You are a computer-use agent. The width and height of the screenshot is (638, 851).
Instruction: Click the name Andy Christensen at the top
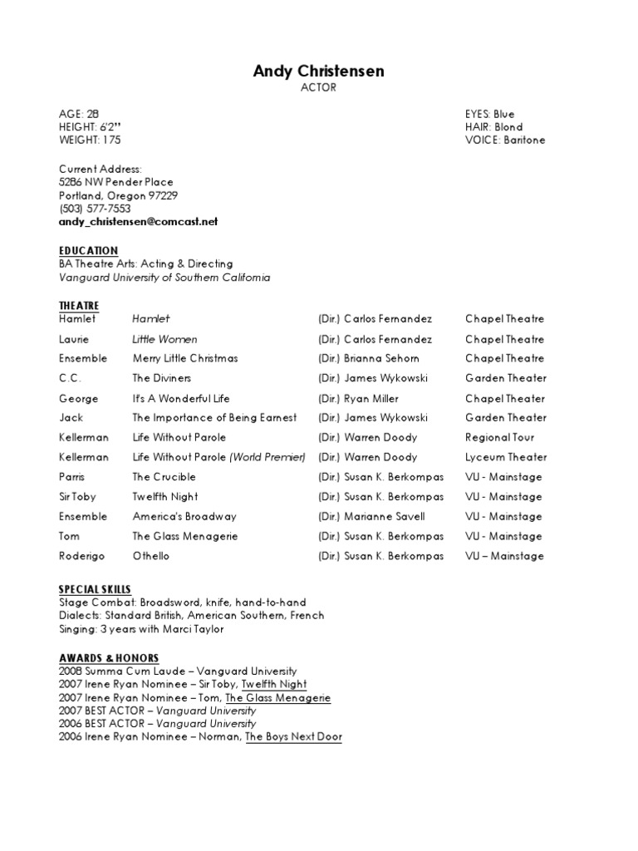pos(318,71)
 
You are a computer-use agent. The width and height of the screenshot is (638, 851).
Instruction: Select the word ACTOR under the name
pos(318,88)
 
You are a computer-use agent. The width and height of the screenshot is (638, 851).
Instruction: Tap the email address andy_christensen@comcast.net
pos(138,222)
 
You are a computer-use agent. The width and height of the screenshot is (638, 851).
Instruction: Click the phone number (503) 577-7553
pos(95,209)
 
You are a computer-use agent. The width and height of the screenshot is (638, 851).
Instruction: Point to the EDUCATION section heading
pos(88,250)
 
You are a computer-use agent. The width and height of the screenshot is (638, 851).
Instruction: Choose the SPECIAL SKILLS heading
pos(95,589)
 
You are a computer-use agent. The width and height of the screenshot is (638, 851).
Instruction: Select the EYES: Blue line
pos(489,114)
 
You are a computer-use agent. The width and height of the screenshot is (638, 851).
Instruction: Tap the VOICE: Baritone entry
pos(505,140)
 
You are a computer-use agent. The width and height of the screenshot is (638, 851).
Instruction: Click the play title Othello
pos(150,556)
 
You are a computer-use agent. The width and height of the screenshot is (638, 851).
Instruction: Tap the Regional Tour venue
pos(499,437)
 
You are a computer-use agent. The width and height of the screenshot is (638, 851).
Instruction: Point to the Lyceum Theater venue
pos(506,457)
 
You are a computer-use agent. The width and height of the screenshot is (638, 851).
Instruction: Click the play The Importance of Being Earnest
pos(214,417)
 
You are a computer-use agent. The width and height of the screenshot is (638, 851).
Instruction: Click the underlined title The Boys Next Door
pos(293,737)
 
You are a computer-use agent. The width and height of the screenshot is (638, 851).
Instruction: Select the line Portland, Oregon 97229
pos(118,195)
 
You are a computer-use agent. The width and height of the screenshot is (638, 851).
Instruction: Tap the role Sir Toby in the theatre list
pos(78,497)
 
